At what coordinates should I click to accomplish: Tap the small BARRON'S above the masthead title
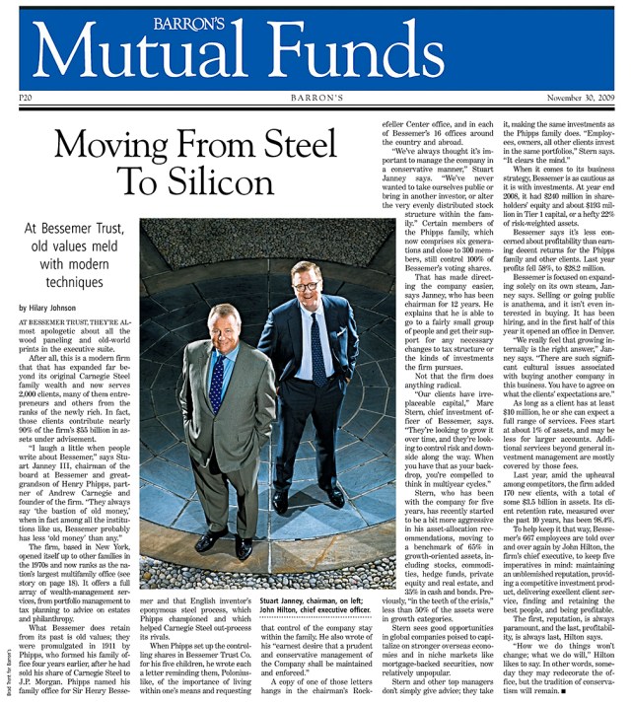pyautogui.click(x=315, y=19)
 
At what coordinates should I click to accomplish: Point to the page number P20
pyautogui.click(x=27, y=99)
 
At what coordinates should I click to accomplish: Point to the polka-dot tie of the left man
pyautogui.click(x=218, y=380)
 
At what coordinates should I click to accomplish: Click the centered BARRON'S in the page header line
pyautogui.click(x=315, y=99)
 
